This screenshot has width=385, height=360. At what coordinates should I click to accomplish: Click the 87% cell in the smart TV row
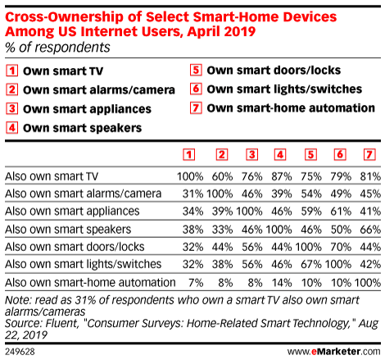click(282, 176)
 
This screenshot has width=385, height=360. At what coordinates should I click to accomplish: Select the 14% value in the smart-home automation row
click(282, 283)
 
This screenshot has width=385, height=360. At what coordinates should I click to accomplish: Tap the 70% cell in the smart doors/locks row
click(341, 247)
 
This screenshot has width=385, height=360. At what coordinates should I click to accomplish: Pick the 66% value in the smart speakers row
click(370, 230)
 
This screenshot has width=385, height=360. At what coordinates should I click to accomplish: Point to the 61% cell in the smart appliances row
click(341, 212)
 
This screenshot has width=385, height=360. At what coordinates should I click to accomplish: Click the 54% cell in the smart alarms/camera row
click(311, 194)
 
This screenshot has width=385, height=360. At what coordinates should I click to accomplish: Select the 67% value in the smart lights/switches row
click(311, 265)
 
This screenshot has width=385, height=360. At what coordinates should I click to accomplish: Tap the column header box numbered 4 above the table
click(280, 155)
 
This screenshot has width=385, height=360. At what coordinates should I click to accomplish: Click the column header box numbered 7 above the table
click(369, 155)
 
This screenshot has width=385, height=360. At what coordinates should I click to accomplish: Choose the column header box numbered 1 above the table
click(189, 155)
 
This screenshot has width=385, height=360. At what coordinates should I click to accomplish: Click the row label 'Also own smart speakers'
click(68, 230)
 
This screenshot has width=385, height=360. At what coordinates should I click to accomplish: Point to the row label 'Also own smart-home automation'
click(90, 283)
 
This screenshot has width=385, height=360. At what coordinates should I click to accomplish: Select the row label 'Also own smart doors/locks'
click(75, 247)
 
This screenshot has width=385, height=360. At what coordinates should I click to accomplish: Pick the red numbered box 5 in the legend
click(196, 70)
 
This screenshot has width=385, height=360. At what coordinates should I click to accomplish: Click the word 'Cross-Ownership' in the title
click(64, 17)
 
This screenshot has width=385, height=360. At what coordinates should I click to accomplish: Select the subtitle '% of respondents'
click(57, 48)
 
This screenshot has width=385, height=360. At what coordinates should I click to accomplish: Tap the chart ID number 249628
click(20, 352)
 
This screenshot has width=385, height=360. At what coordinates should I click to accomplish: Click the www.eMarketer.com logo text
click(334, 352)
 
